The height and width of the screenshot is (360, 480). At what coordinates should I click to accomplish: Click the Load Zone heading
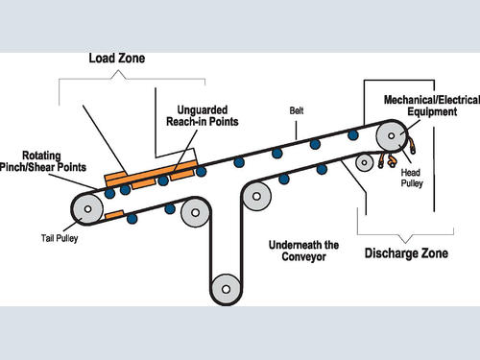click(x=117, y=59)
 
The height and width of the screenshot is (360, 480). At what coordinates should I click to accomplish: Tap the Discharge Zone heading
click(x=406, y=253)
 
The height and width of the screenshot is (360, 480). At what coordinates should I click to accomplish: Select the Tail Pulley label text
click(x=60, y=238)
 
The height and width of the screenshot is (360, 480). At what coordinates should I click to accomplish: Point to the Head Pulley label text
click(x=412, y=178)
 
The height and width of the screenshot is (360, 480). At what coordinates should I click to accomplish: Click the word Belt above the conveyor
click(x=297, y=110)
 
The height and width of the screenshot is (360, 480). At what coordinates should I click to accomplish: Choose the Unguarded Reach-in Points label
click(x=203, y=116)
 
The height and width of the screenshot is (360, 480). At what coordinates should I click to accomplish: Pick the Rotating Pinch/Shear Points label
click(x=43, y=161)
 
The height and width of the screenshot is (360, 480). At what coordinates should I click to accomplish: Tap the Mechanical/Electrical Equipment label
click(x=432, y=106)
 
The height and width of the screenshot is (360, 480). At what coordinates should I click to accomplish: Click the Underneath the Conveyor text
click(x=303, y=251)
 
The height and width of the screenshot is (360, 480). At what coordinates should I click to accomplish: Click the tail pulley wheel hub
click(x=87, y=209)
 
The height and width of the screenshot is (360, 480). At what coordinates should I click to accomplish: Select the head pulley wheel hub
click(x=391, y=135)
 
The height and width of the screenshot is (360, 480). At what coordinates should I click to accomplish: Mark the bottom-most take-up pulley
click(x=226, y=289)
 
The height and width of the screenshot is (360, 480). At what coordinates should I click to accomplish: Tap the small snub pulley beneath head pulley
click(x=364, y=162)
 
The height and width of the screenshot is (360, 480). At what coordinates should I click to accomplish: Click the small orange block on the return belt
click(x=114, y=215)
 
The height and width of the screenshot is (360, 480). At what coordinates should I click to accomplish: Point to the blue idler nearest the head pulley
click(x=353, y=135)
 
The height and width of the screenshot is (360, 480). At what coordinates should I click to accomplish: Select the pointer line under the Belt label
click(x=296, y=130)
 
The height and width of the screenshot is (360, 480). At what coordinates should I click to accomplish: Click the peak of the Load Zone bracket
click(x=119, y=71)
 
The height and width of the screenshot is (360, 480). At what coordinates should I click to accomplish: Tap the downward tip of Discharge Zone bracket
click(x=405, y=242)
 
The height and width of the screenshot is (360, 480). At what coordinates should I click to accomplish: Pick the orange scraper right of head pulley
click(x=412, y=145)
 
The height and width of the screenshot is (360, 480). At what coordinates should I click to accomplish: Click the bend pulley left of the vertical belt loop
click(x=195, y=212)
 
